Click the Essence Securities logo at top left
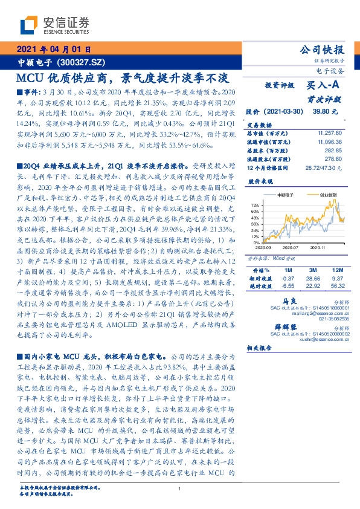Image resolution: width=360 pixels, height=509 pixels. click(x=52, y=25)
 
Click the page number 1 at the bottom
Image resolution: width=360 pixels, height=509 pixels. click(x=180, y=490)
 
